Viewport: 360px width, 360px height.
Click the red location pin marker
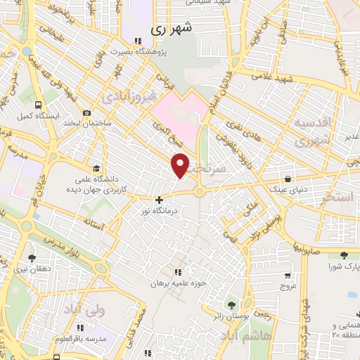coord(181,165)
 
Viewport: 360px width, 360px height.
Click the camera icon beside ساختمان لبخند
coord(86,112)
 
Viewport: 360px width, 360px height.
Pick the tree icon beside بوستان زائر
coord(231,304)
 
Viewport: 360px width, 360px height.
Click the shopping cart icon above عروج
coord(288,276)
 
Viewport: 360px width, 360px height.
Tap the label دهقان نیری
coord(32,269)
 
